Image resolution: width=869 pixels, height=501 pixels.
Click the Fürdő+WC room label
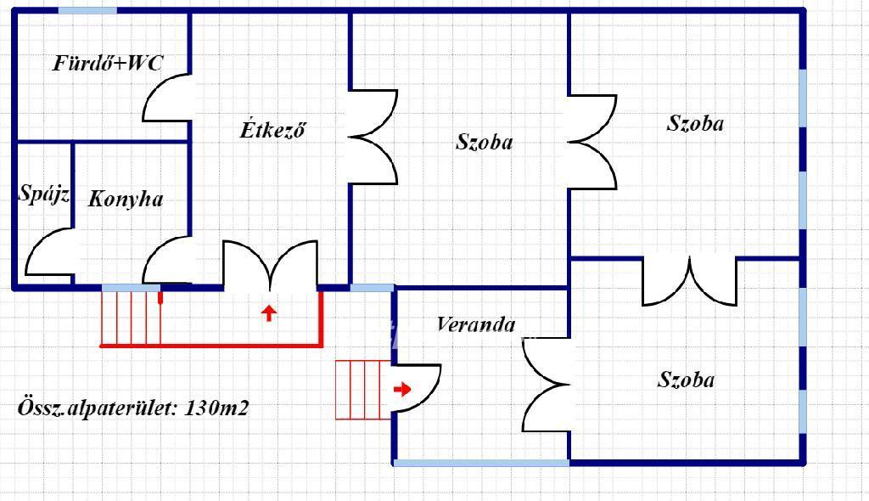tap(108, 63)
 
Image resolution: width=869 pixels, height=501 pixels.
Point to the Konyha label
tap(126, 200)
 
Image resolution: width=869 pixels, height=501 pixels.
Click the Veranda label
tap(476, 324)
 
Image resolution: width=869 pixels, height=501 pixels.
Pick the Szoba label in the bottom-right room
tap(686, 380)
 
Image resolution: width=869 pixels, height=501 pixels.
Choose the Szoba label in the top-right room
tap(695, 123)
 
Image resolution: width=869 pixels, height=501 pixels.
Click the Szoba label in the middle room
tap(484, 142)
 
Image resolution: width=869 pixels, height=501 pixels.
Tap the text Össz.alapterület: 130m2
tap(133, 408)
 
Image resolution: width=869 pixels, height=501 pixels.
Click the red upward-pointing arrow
tap(269, 312)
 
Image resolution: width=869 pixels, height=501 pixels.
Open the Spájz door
tap(50, 252)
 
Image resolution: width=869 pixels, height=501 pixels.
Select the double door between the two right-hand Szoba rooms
tap(689, 280)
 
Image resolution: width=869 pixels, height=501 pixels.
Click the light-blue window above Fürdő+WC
tap(87, 11)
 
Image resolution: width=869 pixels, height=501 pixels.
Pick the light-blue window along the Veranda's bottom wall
tap(481, 463)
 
